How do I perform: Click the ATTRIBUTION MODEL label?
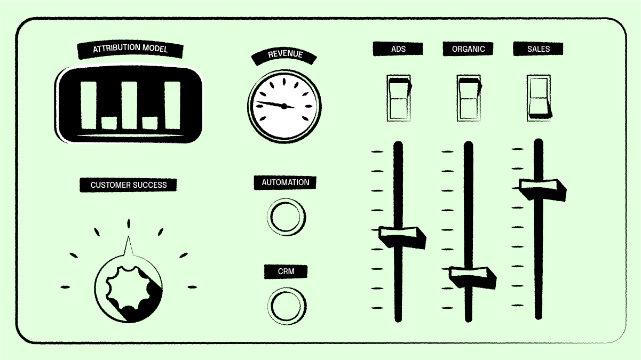tap(130, 49)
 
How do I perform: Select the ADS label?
tap(398, 49)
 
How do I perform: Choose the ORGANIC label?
tap(468, 49)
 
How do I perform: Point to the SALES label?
tap(539, 49)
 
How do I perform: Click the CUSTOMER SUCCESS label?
tap(128, 185)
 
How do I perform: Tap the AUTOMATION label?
tap(286, 182)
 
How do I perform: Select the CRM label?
tap(286, 271)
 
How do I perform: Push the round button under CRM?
tap(287, 306)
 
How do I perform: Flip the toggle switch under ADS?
tap(399, 98)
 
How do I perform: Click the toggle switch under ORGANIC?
tap(469, 98)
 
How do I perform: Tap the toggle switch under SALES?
tap(539, 98)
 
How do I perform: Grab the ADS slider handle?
tap(402, 237)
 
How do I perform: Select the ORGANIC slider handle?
tap(472, 278)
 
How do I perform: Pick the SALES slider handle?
tap(543, 190)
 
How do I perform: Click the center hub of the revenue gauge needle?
tap(284, 106)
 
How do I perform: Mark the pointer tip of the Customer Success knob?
tap(129, 236)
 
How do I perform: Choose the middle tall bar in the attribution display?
tap(129, 105)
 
